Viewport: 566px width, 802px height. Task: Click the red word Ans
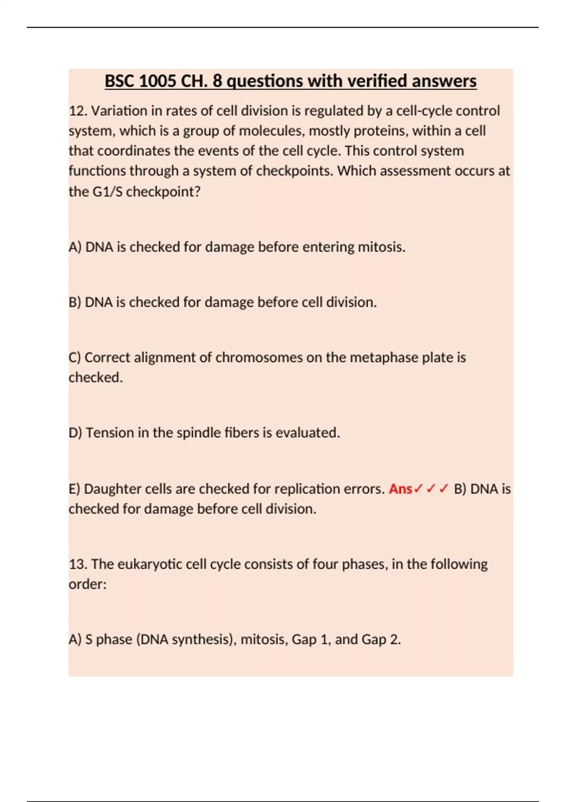400,489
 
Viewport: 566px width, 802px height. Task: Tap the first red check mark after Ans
418,489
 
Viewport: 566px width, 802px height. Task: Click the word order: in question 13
88,584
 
